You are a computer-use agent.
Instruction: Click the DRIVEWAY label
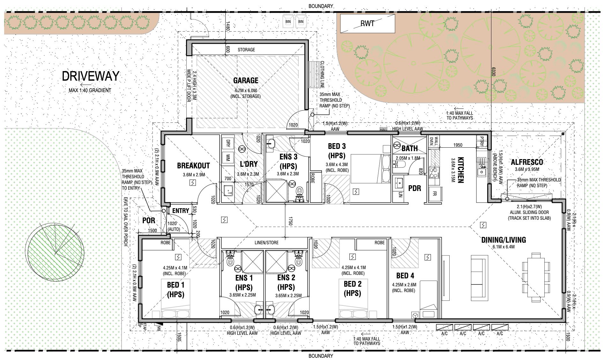(x=90, y=76)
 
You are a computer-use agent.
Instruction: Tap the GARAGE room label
(x=245, y=80)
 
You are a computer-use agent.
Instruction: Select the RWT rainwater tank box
(x=367, y=23)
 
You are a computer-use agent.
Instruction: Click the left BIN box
(x=288, y=21)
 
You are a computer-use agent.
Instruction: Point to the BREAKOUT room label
(x=193, y=165)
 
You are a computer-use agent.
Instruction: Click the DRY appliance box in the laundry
(x=228, y=143)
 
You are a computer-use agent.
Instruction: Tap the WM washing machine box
(x=228, y=157)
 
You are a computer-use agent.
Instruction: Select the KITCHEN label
(x=460, y=170)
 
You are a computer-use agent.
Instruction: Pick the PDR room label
(x=415, y=188)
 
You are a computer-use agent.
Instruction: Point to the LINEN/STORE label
(x=266, y=243)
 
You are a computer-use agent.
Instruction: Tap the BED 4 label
(x=405, y=276)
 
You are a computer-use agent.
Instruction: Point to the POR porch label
(x=148, y=220)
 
